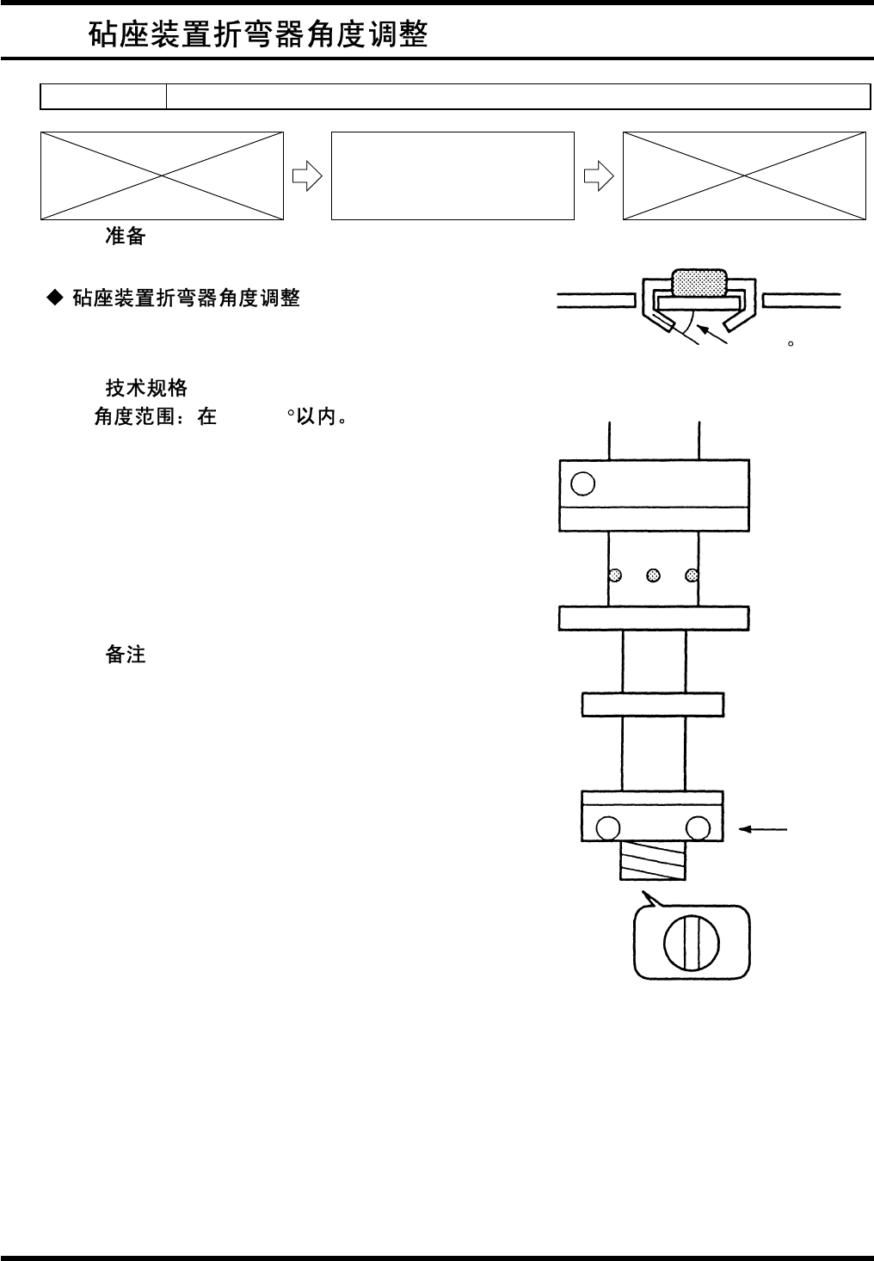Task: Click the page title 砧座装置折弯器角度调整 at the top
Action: point(258,34)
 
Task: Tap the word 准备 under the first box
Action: point(126,237)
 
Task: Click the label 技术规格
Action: point(146,388)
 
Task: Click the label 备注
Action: point(126,655)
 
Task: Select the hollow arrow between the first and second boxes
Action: point(307,176)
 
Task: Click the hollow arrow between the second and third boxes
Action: point(599,176)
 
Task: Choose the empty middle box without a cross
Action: point(452,175)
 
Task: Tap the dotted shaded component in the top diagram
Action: point(699,281)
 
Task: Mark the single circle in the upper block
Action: point(582,484)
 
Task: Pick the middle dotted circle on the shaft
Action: point(653,575)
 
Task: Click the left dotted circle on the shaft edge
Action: point(614,575)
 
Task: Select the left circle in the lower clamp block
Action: point(606,828)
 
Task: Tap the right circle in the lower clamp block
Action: point(698,828)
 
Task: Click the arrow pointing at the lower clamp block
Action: point(763,829)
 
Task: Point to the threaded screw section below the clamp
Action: point(652,860)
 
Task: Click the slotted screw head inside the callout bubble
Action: point(691,943)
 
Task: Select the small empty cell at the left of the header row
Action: point(103,97)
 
